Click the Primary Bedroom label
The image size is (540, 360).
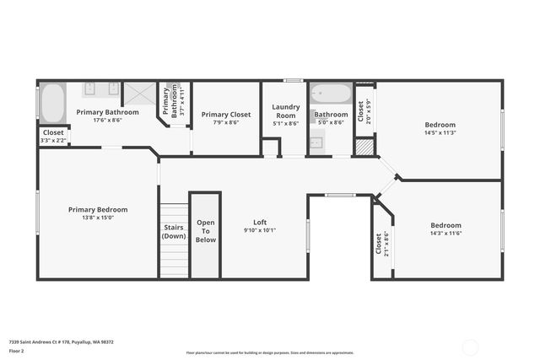98,209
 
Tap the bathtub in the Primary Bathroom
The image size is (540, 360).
52,103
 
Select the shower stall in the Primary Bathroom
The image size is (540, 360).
139,94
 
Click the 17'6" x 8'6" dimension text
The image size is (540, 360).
107,120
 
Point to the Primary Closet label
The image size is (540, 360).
226,114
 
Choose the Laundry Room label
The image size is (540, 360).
285,110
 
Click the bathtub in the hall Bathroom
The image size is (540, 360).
331,93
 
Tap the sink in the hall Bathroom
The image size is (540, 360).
316,142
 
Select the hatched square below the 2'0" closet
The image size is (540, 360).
363,147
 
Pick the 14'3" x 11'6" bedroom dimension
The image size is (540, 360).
445,233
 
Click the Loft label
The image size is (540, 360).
260,223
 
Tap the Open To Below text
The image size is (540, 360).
206,231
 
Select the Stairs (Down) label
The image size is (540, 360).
173,231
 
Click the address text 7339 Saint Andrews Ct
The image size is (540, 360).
59,341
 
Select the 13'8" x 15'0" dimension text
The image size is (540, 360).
98,218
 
